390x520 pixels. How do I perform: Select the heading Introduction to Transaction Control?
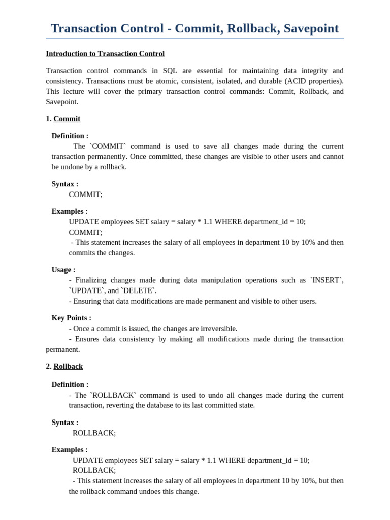pos(105,54)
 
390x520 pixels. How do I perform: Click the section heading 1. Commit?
pos(63,119)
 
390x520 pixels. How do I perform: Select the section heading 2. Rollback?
pos(64,366)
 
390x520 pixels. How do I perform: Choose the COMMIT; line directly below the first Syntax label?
pos(85,194)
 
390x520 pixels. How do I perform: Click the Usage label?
pos(63,270)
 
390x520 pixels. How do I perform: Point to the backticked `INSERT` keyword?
pos(327,280)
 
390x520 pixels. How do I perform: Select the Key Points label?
pos(72,318)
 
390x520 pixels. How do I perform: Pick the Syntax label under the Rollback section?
pos(65,422)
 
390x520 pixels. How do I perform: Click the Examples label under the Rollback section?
pos(70,450)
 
